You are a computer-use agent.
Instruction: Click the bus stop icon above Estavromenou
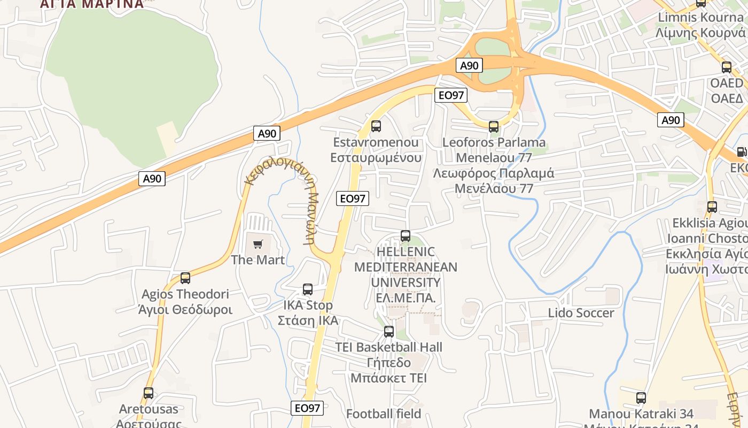(376, 126)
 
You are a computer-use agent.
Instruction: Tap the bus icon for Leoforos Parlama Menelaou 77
(494, 127)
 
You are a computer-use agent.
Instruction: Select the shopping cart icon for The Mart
(258, 244)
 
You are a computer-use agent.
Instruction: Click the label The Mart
(258, 260)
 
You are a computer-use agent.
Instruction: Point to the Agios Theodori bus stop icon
(185, 278)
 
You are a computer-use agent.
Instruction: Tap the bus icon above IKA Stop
(308, 289)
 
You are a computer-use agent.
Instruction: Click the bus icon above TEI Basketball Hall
(389, 331)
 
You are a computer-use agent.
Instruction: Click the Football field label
(384, 414)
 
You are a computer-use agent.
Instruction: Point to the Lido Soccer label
(581, 313)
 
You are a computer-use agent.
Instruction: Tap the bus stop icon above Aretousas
(149, 393)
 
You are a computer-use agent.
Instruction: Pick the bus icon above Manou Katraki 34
(641, 398)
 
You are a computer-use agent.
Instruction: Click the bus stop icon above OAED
(727, 67)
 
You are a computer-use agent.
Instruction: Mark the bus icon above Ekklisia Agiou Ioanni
(712, 207)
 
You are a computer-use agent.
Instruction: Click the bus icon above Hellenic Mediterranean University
(406, 236)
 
